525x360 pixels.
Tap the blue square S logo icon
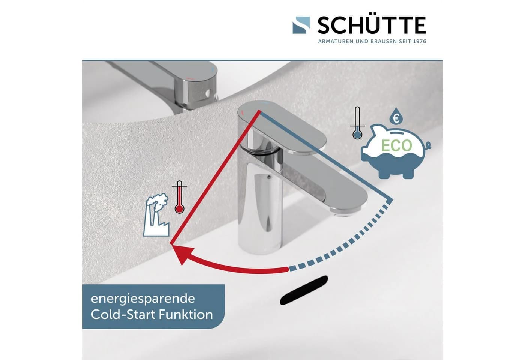(x=301, y=25)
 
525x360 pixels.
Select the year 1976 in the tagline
(x=420, y=42)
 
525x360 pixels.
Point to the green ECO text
(x=397, y=145)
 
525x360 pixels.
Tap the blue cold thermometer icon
(x=357, y=123)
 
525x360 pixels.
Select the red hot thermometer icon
(x=179, y=197)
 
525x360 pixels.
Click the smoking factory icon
(x=156, y=214)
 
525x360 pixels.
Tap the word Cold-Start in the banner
(x=123, y=315)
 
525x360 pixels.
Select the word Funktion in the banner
(x=186, y=315)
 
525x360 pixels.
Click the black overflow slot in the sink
(x=304, y=290)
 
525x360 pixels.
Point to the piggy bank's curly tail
(x=428, y=145)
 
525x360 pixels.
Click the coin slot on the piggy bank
(x=396, y=133)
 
